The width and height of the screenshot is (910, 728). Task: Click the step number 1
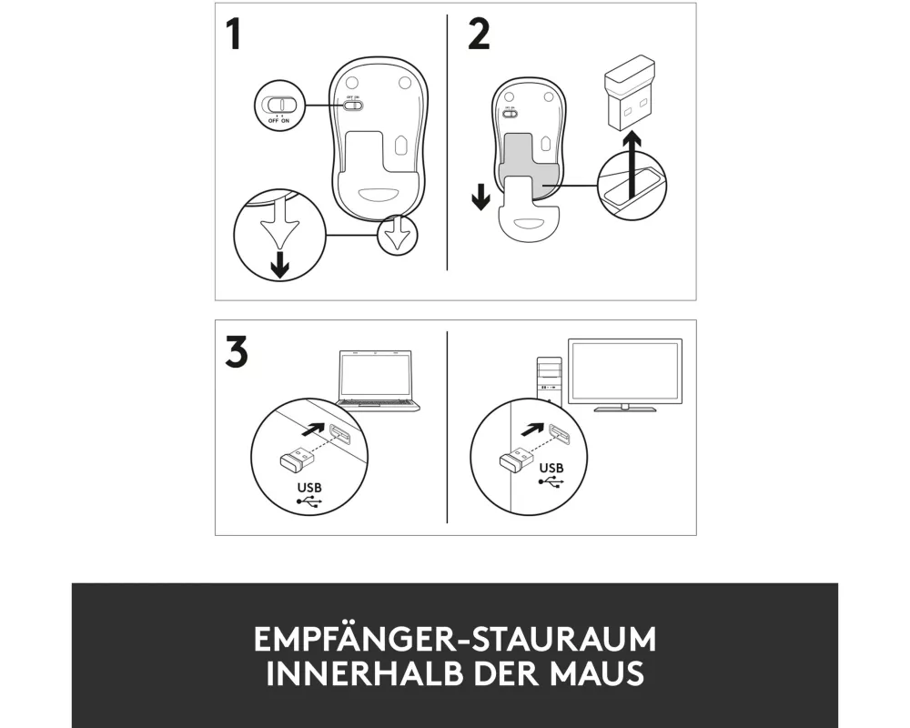click(x=234, y=35)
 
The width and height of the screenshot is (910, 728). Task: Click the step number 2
click(x=479, y=35)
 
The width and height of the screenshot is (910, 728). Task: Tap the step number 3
click(x=237, y=351)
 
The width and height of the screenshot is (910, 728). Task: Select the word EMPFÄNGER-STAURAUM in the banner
click(x=455, y=639)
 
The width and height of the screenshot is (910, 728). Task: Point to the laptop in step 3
click(x=379, y=381)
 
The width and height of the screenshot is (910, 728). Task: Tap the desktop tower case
click(x=549, y=380)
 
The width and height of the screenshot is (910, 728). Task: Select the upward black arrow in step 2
click(x=632, y=165)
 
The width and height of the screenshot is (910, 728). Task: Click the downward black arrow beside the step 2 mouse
click(x=480, y=197)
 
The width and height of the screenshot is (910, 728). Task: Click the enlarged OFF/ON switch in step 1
click(x=279, y=105)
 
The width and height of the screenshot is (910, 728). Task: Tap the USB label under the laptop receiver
click(x=308, y=488)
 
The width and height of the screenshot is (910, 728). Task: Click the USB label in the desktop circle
click(x=551, y=468)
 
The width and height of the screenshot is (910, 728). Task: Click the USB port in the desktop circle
click(x=559, y=432)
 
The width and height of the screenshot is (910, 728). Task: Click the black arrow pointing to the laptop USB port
click(x=313, y=430)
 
